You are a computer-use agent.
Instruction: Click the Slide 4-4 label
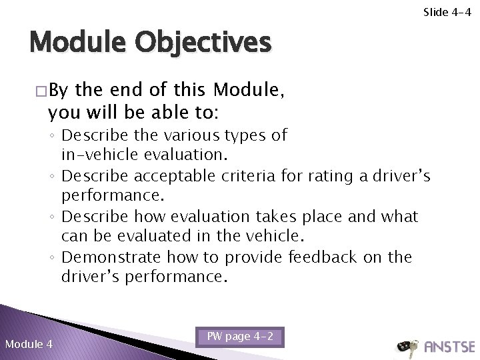pyautogui.click(x=449, y=11)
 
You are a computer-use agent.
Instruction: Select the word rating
pyautogui.click(x=330, y=177)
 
